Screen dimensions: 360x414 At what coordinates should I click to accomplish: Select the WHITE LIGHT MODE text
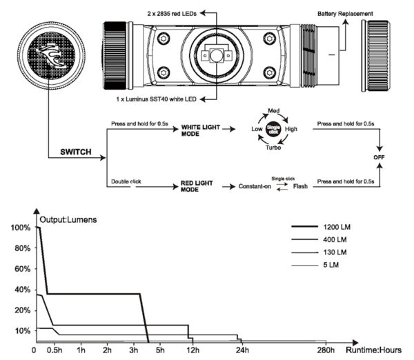199,131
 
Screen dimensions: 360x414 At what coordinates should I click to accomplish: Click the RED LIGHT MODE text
195,186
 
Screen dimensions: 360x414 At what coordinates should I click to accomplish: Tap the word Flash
301,187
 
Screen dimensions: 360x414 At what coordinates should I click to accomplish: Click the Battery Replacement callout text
346,14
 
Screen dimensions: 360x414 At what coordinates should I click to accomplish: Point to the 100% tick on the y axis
21,228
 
